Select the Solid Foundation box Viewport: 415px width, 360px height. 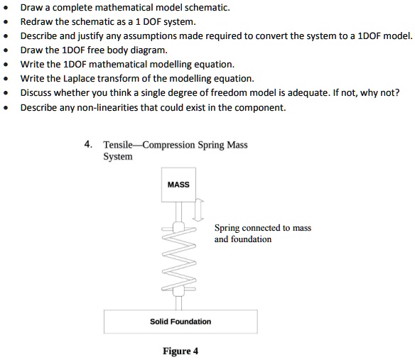[x=180, y=322]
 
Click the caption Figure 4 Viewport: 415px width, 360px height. [x=180, y=351]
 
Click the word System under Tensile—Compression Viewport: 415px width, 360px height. [x=118, y=156]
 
